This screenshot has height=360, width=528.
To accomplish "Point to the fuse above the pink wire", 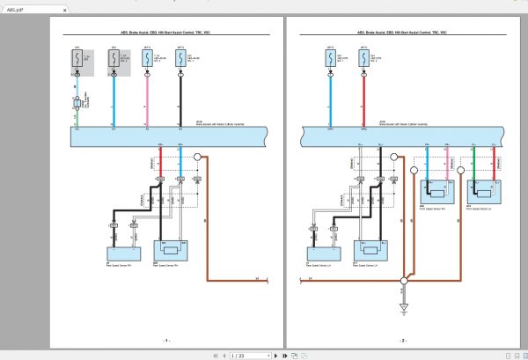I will pos(146,58).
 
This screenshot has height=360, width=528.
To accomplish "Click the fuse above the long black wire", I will pos(180,58).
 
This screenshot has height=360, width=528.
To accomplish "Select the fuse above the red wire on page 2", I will pos(363,58).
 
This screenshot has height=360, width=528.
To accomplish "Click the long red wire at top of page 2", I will pos(363,99).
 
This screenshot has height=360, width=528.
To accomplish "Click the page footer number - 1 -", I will pos(166,339).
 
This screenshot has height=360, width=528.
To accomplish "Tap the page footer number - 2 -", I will pos(403,339).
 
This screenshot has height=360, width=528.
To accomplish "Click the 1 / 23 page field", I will pos(238,355).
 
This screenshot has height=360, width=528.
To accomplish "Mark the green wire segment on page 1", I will pos(77,119).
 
